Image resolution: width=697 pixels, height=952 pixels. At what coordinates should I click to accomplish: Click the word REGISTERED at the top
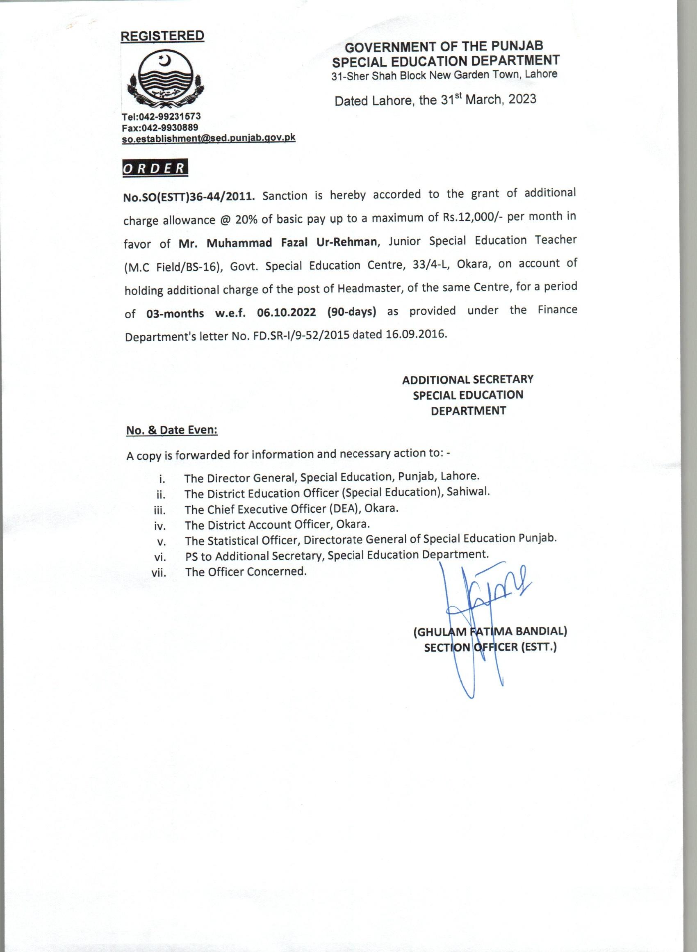pos(162,36)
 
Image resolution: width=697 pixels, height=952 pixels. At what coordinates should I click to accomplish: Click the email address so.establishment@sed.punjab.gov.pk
pos(208,138)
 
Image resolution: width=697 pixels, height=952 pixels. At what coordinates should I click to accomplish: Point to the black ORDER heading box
pos(155,167)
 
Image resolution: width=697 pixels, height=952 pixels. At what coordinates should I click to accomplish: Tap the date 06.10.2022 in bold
pos(287,313)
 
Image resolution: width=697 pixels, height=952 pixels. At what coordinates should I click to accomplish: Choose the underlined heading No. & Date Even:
pos(172,430)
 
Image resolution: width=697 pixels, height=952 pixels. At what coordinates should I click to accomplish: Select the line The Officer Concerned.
pos(246,572)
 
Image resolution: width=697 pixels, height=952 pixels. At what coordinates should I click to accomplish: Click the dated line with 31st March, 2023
pos(435,100)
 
